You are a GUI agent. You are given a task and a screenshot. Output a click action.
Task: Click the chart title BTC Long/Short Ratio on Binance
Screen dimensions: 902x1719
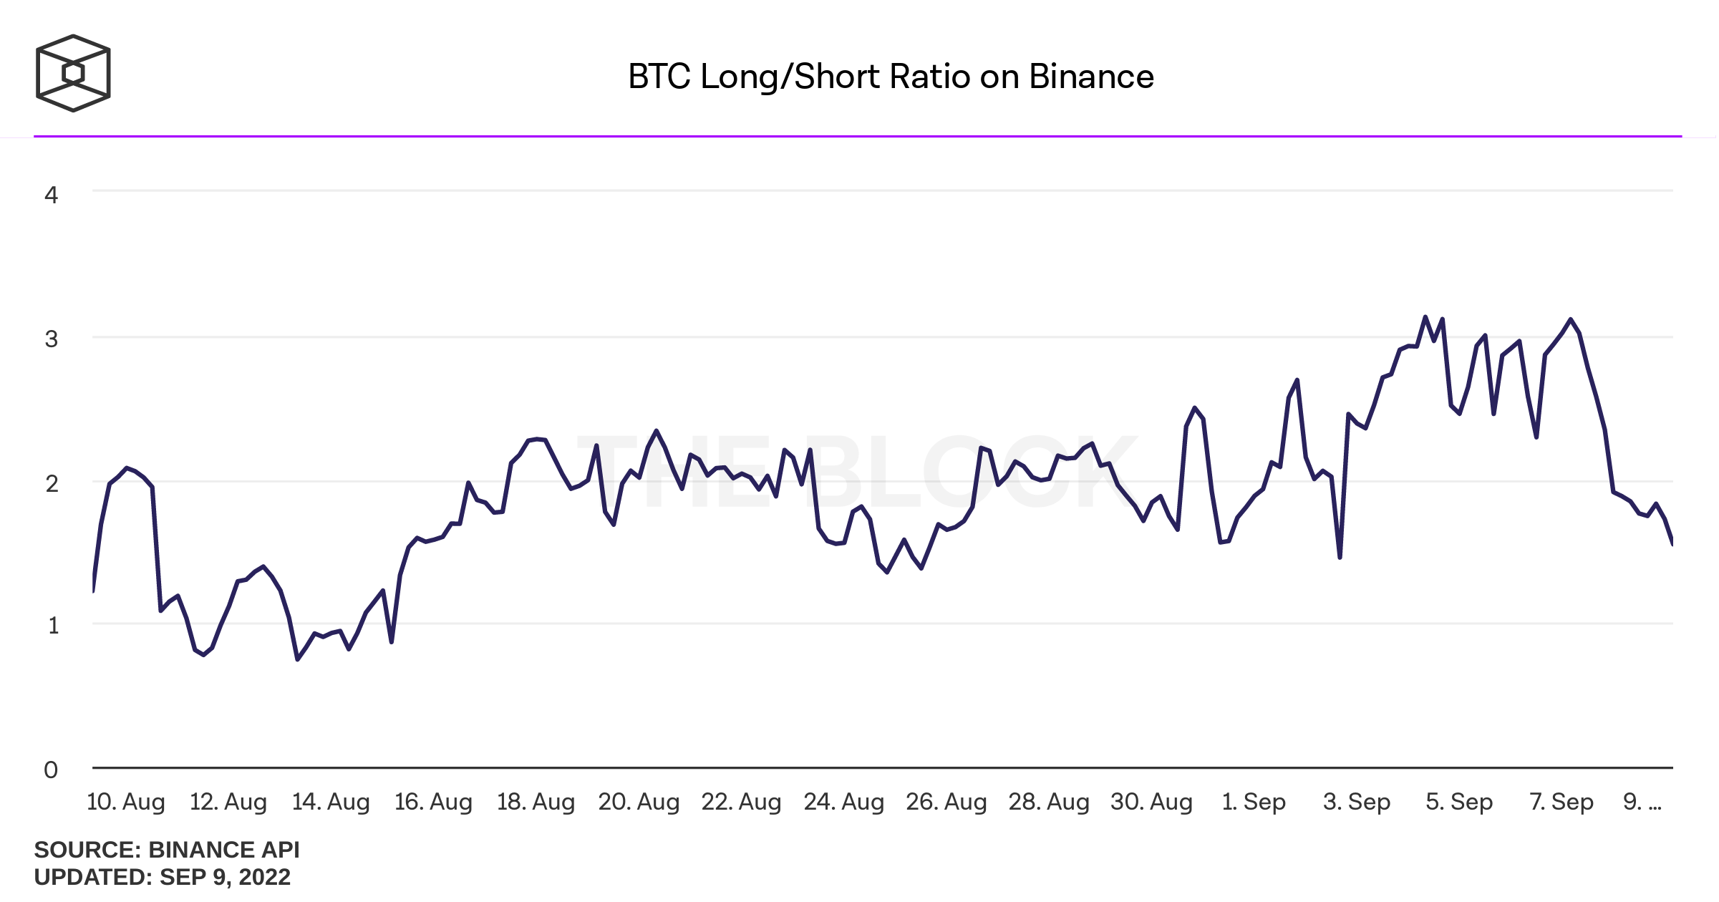pos(891,77)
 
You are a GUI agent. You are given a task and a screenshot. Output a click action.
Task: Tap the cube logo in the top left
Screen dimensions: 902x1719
pos(73,73)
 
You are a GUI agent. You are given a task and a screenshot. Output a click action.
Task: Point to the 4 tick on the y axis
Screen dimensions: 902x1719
pos(51,195)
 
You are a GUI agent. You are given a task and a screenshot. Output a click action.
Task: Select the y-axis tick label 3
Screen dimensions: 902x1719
pos(51,339)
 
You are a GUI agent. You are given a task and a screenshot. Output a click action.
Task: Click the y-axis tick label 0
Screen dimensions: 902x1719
pos(51,770)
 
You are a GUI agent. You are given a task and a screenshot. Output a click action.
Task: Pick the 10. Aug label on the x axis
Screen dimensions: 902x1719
pos(126,802)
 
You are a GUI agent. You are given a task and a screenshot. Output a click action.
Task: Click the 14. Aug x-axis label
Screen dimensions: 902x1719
pos(331,802)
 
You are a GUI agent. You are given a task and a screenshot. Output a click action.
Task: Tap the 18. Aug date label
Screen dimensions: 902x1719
pos(536,802)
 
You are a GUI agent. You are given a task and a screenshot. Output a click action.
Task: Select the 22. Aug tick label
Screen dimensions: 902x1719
pos(741,802)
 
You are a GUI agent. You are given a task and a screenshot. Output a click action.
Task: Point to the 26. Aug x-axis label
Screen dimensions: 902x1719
pos(946,802)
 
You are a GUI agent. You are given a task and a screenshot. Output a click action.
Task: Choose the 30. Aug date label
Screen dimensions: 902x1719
pos(1151,802)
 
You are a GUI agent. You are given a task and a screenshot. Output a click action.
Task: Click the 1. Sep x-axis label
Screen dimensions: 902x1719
pos(1254,802)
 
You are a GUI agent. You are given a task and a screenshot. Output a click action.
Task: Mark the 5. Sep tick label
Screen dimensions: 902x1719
pos(1459,802)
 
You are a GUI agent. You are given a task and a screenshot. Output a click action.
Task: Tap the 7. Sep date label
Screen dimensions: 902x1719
pos(1561,802)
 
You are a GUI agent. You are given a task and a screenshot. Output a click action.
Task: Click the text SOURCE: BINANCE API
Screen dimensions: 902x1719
pos(167,850)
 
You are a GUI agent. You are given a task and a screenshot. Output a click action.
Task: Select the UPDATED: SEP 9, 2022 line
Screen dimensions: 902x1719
pos(163,877)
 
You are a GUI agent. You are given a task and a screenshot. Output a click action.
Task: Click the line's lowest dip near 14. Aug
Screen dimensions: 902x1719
pos(298,659)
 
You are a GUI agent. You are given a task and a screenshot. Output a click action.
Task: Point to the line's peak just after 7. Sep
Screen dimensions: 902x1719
pos(1570,319)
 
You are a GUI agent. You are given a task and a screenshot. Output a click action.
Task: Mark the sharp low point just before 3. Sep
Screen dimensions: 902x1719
pos(1340,557)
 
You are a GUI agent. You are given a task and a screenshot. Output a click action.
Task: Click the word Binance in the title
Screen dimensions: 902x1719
pos(1091,77)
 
